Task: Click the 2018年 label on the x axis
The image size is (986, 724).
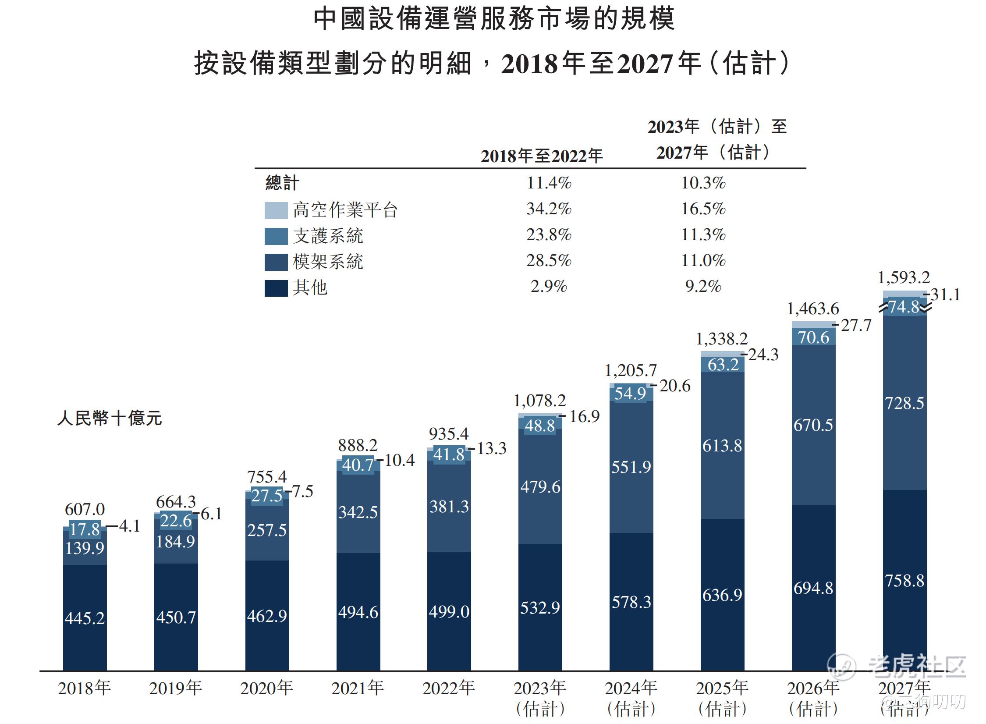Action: click(x=84, y=688)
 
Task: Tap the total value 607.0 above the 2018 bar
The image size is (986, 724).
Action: click(x=85, y=509)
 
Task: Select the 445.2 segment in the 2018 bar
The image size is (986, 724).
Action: click(x=85, y=618)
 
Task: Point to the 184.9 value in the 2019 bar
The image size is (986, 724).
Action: click(x=175, y=542)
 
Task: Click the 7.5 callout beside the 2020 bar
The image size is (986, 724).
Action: click(x=303, y=491)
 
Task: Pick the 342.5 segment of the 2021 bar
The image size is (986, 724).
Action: click(x=358, y=512)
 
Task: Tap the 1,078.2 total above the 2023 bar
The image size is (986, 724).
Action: click(x=539, y=400)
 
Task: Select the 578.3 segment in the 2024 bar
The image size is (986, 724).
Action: click(x=631, y=602)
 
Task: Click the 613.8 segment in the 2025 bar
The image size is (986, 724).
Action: click(x=722, y=446)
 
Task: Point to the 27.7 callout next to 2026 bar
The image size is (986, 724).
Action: click(x=856, y=325)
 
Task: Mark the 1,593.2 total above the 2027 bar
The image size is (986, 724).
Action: click(x=904, y=277)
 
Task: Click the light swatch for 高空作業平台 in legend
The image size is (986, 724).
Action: click(x=276, y=210)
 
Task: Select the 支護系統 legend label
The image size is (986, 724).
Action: click(x=328, y=236)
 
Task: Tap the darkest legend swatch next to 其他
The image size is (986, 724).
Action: click(x=276, y=288)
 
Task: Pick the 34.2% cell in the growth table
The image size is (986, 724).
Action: click(x=549, y=209)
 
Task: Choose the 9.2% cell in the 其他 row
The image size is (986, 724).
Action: click(x=703, y=287)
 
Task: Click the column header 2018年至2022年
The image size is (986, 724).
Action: click(x=542, y=156)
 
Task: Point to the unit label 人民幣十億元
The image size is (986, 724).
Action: click(x=110, y=418)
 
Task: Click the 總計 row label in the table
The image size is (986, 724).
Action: click(x=282, y=183)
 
